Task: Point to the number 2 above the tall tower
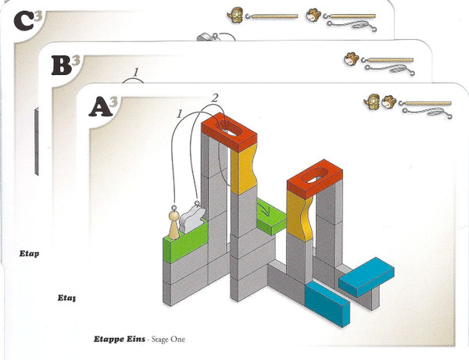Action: (214, 97)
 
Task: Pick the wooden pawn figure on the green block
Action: (174, 223)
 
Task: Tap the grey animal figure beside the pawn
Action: (192, 219)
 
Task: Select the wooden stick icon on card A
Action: (427, 102)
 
